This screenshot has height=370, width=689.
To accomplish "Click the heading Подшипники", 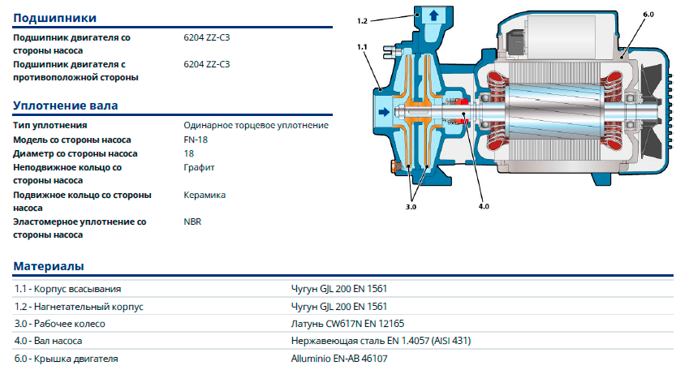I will click(x=55, y=18).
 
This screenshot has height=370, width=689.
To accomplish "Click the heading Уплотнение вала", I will click(x=66, y=105).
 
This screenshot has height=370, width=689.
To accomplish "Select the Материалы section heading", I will click(x=50, y=266).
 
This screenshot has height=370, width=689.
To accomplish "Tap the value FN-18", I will click(x=196, y=140).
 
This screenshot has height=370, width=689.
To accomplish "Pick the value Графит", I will click(x=200, y=167).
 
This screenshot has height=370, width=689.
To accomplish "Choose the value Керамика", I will click(x=205, y=195).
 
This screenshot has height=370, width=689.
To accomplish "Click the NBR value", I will click(x=193, y=221).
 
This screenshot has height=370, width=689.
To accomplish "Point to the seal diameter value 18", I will click(x=189, y=153).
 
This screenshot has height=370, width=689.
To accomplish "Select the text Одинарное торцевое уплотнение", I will click(x=256, y=126).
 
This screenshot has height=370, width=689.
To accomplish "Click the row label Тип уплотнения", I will click(x=50, y=126).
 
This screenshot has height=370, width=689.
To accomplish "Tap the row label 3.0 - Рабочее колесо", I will click(x=60, y=324).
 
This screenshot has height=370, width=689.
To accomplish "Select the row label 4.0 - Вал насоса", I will click(x=49, y=341).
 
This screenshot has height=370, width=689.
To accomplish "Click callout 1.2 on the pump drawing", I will click(x=363, y=19).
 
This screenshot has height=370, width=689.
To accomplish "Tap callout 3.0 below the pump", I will click(x=411, y=208).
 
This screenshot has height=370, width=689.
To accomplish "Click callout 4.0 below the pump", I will click(x=484, y=207).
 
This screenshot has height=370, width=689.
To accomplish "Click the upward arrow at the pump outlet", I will click(x=433, y=15).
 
